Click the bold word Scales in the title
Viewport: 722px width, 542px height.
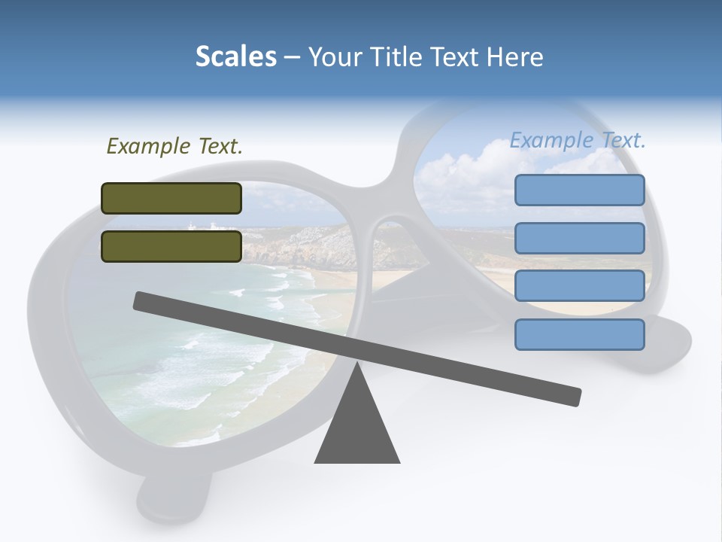coord(235,56)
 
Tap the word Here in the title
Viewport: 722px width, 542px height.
coord(514,56)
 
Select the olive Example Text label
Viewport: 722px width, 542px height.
coord(174,146)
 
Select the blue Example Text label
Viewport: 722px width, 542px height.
coord(578,140)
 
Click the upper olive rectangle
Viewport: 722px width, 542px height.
coord(171,198)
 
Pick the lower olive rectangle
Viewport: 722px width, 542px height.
coord(171,246)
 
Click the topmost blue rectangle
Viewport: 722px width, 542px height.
coord(579,190)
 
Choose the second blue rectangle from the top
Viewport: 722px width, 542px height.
coord(579,238)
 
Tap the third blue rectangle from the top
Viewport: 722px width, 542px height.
coord(579,286)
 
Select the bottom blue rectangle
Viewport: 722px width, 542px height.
coord(579,334)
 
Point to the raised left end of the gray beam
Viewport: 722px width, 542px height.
coord(143,301)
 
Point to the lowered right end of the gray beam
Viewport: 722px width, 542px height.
coord(572,396)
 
